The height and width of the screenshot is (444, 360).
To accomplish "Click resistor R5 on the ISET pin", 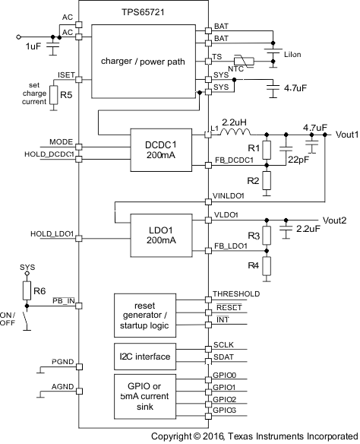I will [x=54, y=94].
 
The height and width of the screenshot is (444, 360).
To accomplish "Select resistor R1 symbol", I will [x=267, y=148].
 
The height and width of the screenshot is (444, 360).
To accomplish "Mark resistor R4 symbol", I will [x=267, y=266].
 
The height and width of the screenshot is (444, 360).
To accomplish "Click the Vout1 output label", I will [x=343, y=134].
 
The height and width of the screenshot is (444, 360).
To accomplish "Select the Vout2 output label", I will [x=335, y=220].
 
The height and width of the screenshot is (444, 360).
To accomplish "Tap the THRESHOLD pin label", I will [x=236, y=294].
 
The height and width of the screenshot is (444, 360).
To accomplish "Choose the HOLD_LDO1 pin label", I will [x=52, y=233].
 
